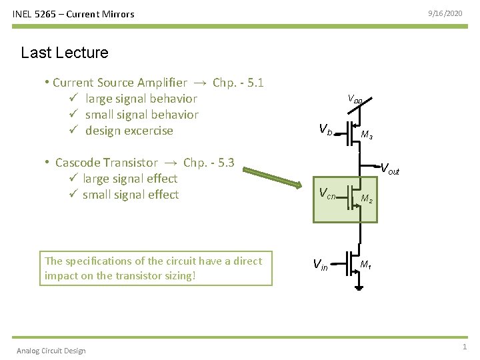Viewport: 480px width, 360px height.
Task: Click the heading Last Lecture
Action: (64, 53)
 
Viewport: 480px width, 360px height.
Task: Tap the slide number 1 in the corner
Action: (465, 347)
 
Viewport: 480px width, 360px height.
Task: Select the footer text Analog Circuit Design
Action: (51, 351)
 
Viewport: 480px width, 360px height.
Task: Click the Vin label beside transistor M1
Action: (321, 265)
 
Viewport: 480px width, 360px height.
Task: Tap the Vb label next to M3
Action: (325, 129)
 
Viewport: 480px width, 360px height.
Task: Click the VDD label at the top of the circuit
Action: (355, 99)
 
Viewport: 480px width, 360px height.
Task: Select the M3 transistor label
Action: (366, 135)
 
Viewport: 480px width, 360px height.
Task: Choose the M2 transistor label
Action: (367, 199)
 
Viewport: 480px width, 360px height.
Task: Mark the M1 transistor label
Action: (365, 265)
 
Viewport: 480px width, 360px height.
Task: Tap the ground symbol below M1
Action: (359, 287)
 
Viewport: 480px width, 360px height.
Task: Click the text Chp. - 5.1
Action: (238, 83)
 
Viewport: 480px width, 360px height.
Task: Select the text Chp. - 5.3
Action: (209, 163)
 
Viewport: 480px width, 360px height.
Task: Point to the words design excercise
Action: (129, 131)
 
